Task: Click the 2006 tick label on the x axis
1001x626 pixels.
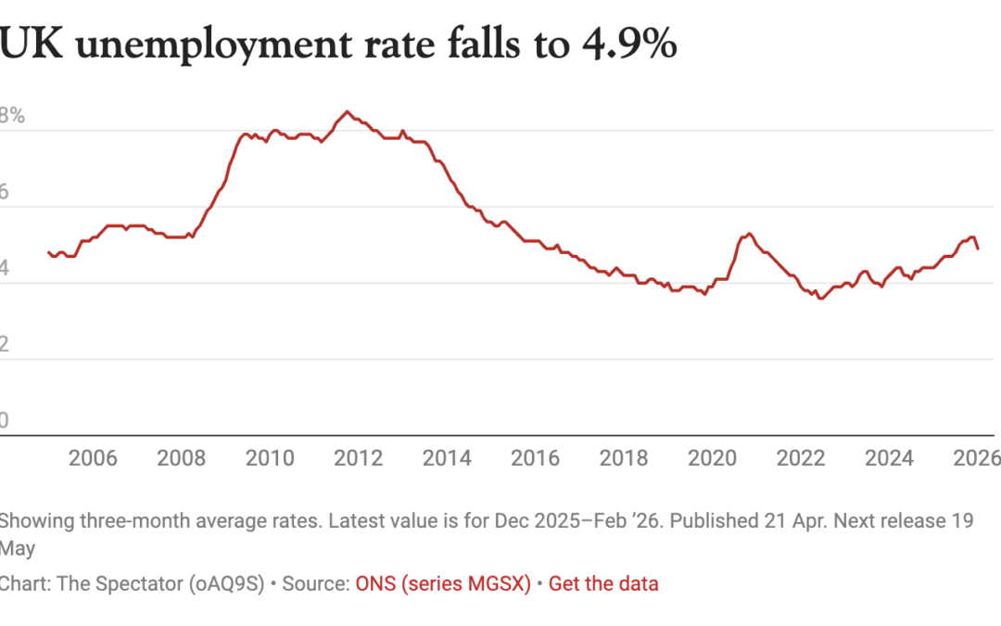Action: click(93, 458)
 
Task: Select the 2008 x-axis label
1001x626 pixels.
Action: click(182, 458)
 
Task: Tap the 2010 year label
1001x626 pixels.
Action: click(270, 458)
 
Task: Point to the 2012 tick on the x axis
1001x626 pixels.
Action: click(359, 458)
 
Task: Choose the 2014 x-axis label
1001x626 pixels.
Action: click(447, 458)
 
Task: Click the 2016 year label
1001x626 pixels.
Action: click(536, 458)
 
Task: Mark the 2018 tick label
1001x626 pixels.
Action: click(624, 458)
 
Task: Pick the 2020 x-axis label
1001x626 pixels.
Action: click(713, 458)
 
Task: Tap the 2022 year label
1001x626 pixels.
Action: click(801, 458)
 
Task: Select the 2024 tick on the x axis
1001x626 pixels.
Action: click(890, 458)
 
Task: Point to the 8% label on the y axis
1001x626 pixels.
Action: click(12, 117)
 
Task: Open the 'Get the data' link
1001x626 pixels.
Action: click(603, 584)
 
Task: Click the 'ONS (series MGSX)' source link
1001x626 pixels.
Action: click(443, 584)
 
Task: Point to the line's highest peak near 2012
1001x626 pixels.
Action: click(347, 111)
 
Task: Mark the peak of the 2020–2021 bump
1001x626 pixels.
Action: click(749, 234)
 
